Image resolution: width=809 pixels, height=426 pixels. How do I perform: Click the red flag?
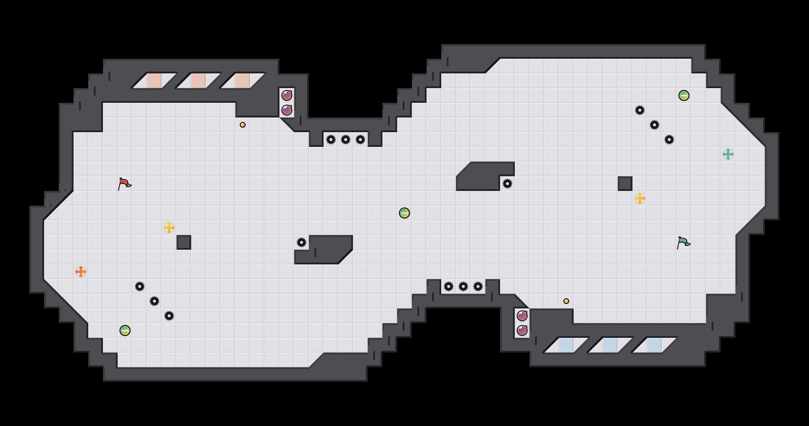(x=124, y=184)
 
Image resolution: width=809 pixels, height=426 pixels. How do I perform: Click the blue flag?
(x=683, y=242)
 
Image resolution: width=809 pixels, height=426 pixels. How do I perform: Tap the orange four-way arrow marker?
(x=81, y=272)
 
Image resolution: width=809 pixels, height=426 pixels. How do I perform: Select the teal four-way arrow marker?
(x=728, y=154)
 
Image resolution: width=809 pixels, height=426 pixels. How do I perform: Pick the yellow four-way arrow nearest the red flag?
(x=169, y=228)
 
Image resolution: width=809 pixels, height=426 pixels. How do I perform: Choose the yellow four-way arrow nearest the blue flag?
(x=640, y=198)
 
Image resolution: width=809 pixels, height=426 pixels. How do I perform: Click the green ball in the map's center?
(x=404, y=213)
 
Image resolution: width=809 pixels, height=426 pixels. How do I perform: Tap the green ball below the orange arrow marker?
(x=125, y=331)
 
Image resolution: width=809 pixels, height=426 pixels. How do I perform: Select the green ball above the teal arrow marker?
(x=684, y=95)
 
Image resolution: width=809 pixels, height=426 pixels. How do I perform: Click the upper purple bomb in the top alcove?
(x=287, y=95)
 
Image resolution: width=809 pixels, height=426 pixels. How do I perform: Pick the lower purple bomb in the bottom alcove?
(x=522, y=331)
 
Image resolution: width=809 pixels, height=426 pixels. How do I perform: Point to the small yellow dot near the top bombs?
(x=243, y=125)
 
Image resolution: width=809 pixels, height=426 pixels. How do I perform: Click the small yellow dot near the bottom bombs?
(x=566, y=301)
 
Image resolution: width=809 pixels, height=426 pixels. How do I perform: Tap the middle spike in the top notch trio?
(x=346, y=140)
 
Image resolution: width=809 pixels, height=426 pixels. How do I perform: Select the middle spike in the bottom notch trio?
(x=463, y=286)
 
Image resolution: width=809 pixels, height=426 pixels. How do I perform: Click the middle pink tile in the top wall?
(x=199, y=81)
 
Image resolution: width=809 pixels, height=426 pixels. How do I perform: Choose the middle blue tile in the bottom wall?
(x=610, y=345)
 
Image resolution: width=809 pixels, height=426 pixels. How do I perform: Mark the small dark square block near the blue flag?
(x=625, y=184)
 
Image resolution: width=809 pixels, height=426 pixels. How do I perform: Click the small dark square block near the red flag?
(x=184, y=242)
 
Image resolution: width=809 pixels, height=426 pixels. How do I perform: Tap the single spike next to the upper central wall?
(x=507, y=184)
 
